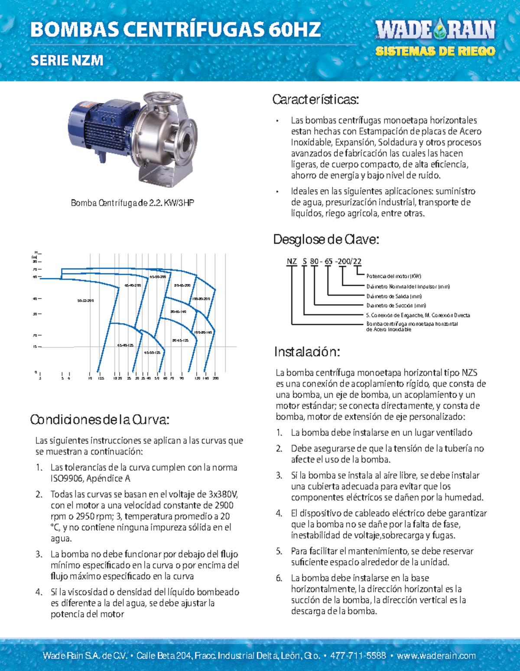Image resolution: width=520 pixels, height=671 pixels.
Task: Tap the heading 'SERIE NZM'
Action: coord(67,60)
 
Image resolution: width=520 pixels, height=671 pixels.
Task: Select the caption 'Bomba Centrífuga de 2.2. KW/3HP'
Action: coord(132,203)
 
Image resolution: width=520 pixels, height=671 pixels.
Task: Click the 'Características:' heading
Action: coord(315,100)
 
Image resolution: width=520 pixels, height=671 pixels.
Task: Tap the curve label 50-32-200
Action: coord(85,300)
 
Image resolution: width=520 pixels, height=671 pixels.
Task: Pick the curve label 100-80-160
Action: coord(203,332)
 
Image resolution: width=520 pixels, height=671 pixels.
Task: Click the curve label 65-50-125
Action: coord(152,353)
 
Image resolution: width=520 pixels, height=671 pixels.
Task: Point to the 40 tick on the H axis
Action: coord(35,299)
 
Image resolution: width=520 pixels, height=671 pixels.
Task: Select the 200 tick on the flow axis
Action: coord(215,378)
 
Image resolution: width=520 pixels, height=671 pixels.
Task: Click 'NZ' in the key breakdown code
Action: coord(292,261)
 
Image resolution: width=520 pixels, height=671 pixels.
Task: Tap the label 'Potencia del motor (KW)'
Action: coord(393,276)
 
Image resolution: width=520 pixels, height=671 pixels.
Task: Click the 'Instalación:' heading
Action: coord(307,352)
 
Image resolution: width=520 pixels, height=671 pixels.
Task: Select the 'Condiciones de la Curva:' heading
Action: coord(99,419)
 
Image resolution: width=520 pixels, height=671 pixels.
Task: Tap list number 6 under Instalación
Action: coord(279,578)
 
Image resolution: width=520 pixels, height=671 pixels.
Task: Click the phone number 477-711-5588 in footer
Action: coord(358,655)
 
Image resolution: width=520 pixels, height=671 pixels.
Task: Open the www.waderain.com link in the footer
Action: coord(436,655)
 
